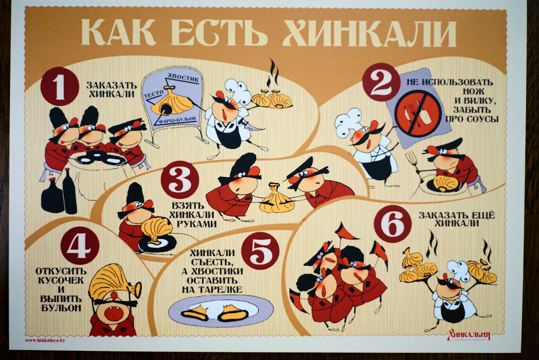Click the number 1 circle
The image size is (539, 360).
coord(60,86)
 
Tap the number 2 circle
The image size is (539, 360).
coord(381,82)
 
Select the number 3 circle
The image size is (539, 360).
coord(180,180)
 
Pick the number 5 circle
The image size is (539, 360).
coord(260,250)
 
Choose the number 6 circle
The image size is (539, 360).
coord(392,224)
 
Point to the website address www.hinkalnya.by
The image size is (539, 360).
coord(45,341)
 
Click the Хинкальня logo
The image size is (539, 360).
coord(469,334)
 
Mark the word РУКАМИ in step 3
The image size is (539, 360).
coord(197,224)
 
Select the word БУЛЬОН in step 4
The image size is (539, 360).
coord(61,308)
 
